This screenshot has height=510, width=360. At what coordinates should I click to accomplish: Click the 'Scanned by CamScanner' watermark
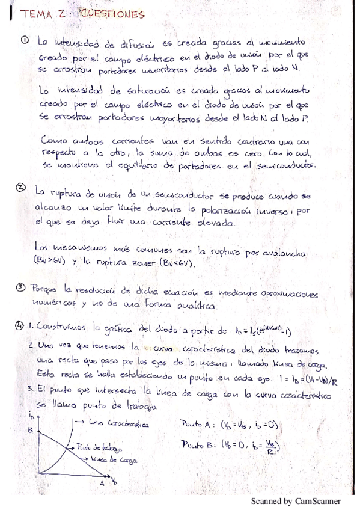coord(296,500)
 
